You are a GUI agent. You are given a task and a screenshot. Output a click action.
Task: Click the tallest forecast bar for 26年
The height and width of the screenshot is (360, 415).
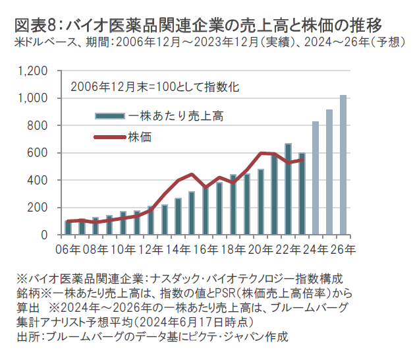coord(343,165)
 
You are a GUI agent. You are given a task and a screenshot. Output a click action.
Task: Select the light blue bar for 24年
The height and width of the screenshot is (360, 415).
coord(316,178)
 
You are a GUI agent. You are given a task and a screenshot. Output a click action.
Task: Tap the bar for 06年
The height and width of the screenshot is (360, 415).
coord(68,227)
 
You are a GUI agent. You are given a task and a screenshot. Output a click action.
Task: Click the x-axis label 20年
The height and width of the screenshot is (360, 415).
coord(261,249)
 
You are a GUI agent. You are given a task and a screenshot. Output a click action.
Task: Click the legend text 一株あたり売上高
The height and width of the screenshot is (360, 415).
coord(176,116)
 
